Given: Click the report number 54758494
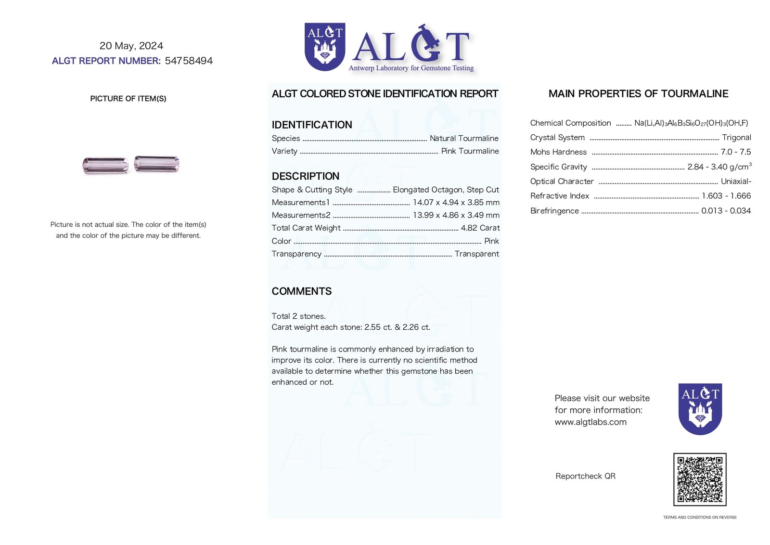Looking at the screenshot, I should click(x=189, y=61).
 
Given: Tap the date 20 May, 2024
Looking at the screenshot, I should click(x=131, y=46).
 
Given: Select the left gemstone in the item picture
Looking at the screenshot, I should click(x=105, y=165).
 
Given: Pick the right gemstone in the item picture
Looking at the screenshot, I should click(x=157, y=163).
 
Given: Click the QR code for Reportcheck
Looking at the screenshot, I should click(x=699, y=479).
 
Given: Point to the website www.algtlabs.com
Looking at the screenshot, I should click(x=590, y=422).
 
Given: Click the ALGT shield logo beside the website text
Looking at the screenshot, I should click(x=700, y=409).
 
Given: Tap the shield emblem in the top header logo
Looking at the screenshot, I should click(x=325, y=47).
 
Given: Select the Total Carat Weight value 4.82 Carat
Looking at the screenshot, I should click(x=480, y=228).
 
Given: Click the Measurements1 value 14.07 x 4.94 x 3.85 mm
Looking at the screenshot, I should click(x=456, y=203).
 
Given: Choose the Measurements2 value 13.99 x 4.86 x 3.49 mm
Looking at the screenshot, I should click(x=456, y=215).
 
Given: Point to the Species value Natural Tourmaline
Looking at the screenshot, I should click(x=464, y=139).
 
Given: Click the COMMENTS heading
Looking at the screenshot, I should click(x=302, y=291).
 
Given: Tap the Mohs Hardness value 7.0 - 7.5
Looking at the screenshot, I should click(x=735, y=152).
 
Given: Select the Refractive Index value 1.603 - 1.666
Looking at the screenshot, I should click(x=726, y=196).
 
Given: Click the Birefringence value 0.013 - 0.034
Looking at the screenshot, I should click(x=726, y=211).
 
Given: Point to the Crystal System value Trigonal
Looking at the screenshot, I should click(x=736, y=138).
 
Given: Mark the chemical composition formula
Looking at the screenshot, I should click(x=691, y=123).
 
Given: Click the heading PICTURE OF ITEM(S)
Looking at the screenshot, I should click(x=128, y=99).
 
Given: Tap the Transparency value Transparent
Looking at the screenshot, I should click(x=476, y=254).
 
